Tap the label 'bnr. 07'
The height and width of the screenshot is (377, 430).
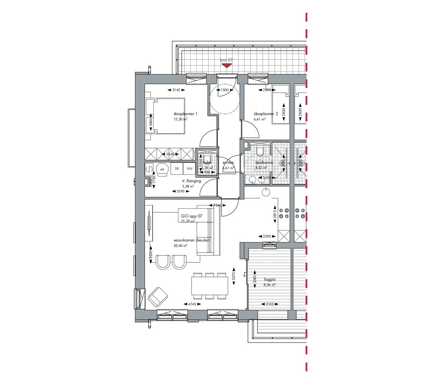pos(227,60)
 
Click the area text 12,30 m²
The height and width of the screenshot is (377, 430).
pos(180,119)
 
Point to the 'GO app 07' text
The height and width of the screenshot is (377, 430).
pos(192,216)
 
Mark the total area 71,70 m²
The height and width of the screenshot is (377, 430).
pos(188,221)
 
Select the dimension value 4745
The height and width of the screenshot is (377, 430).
pos(192,304)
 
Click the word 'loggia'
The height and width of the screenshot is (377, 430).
pos(270,280)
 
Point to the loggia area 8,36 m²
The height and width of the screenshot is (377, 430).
pos(270,285)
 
